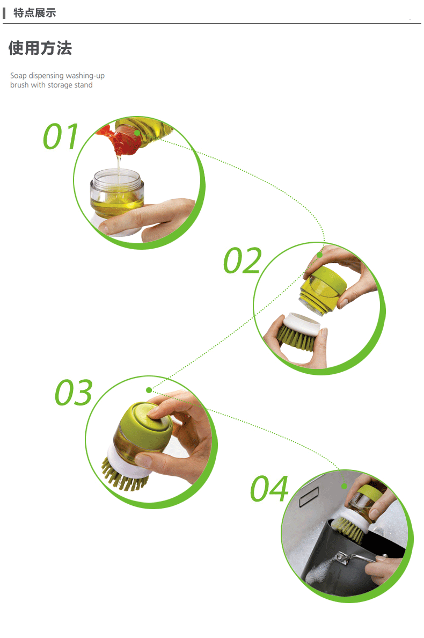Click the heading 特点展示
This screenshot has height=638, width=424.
point(34,13)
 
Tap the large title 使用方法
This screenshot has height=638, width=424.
point(40,48)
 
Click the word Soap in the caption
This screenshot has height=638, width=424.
point(18,76)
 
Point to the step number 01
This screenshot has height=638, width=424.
point(61,136)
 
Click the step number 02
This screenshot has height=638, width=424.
point(243,260)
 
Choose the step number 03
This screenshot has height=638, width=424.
point(74,393)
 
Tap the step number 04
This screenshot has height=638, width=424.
point(269,488)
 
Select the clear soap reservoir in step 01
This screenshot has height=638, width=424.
point(117,194)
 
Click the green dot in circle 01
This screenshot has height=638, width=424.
point(137,133)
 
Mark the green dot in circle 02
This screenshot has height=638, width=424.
point(320,255)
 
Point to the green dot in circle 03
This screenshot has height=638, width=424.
point(149,390)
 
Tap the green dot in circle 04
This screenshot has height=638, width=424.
point(345,486)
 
